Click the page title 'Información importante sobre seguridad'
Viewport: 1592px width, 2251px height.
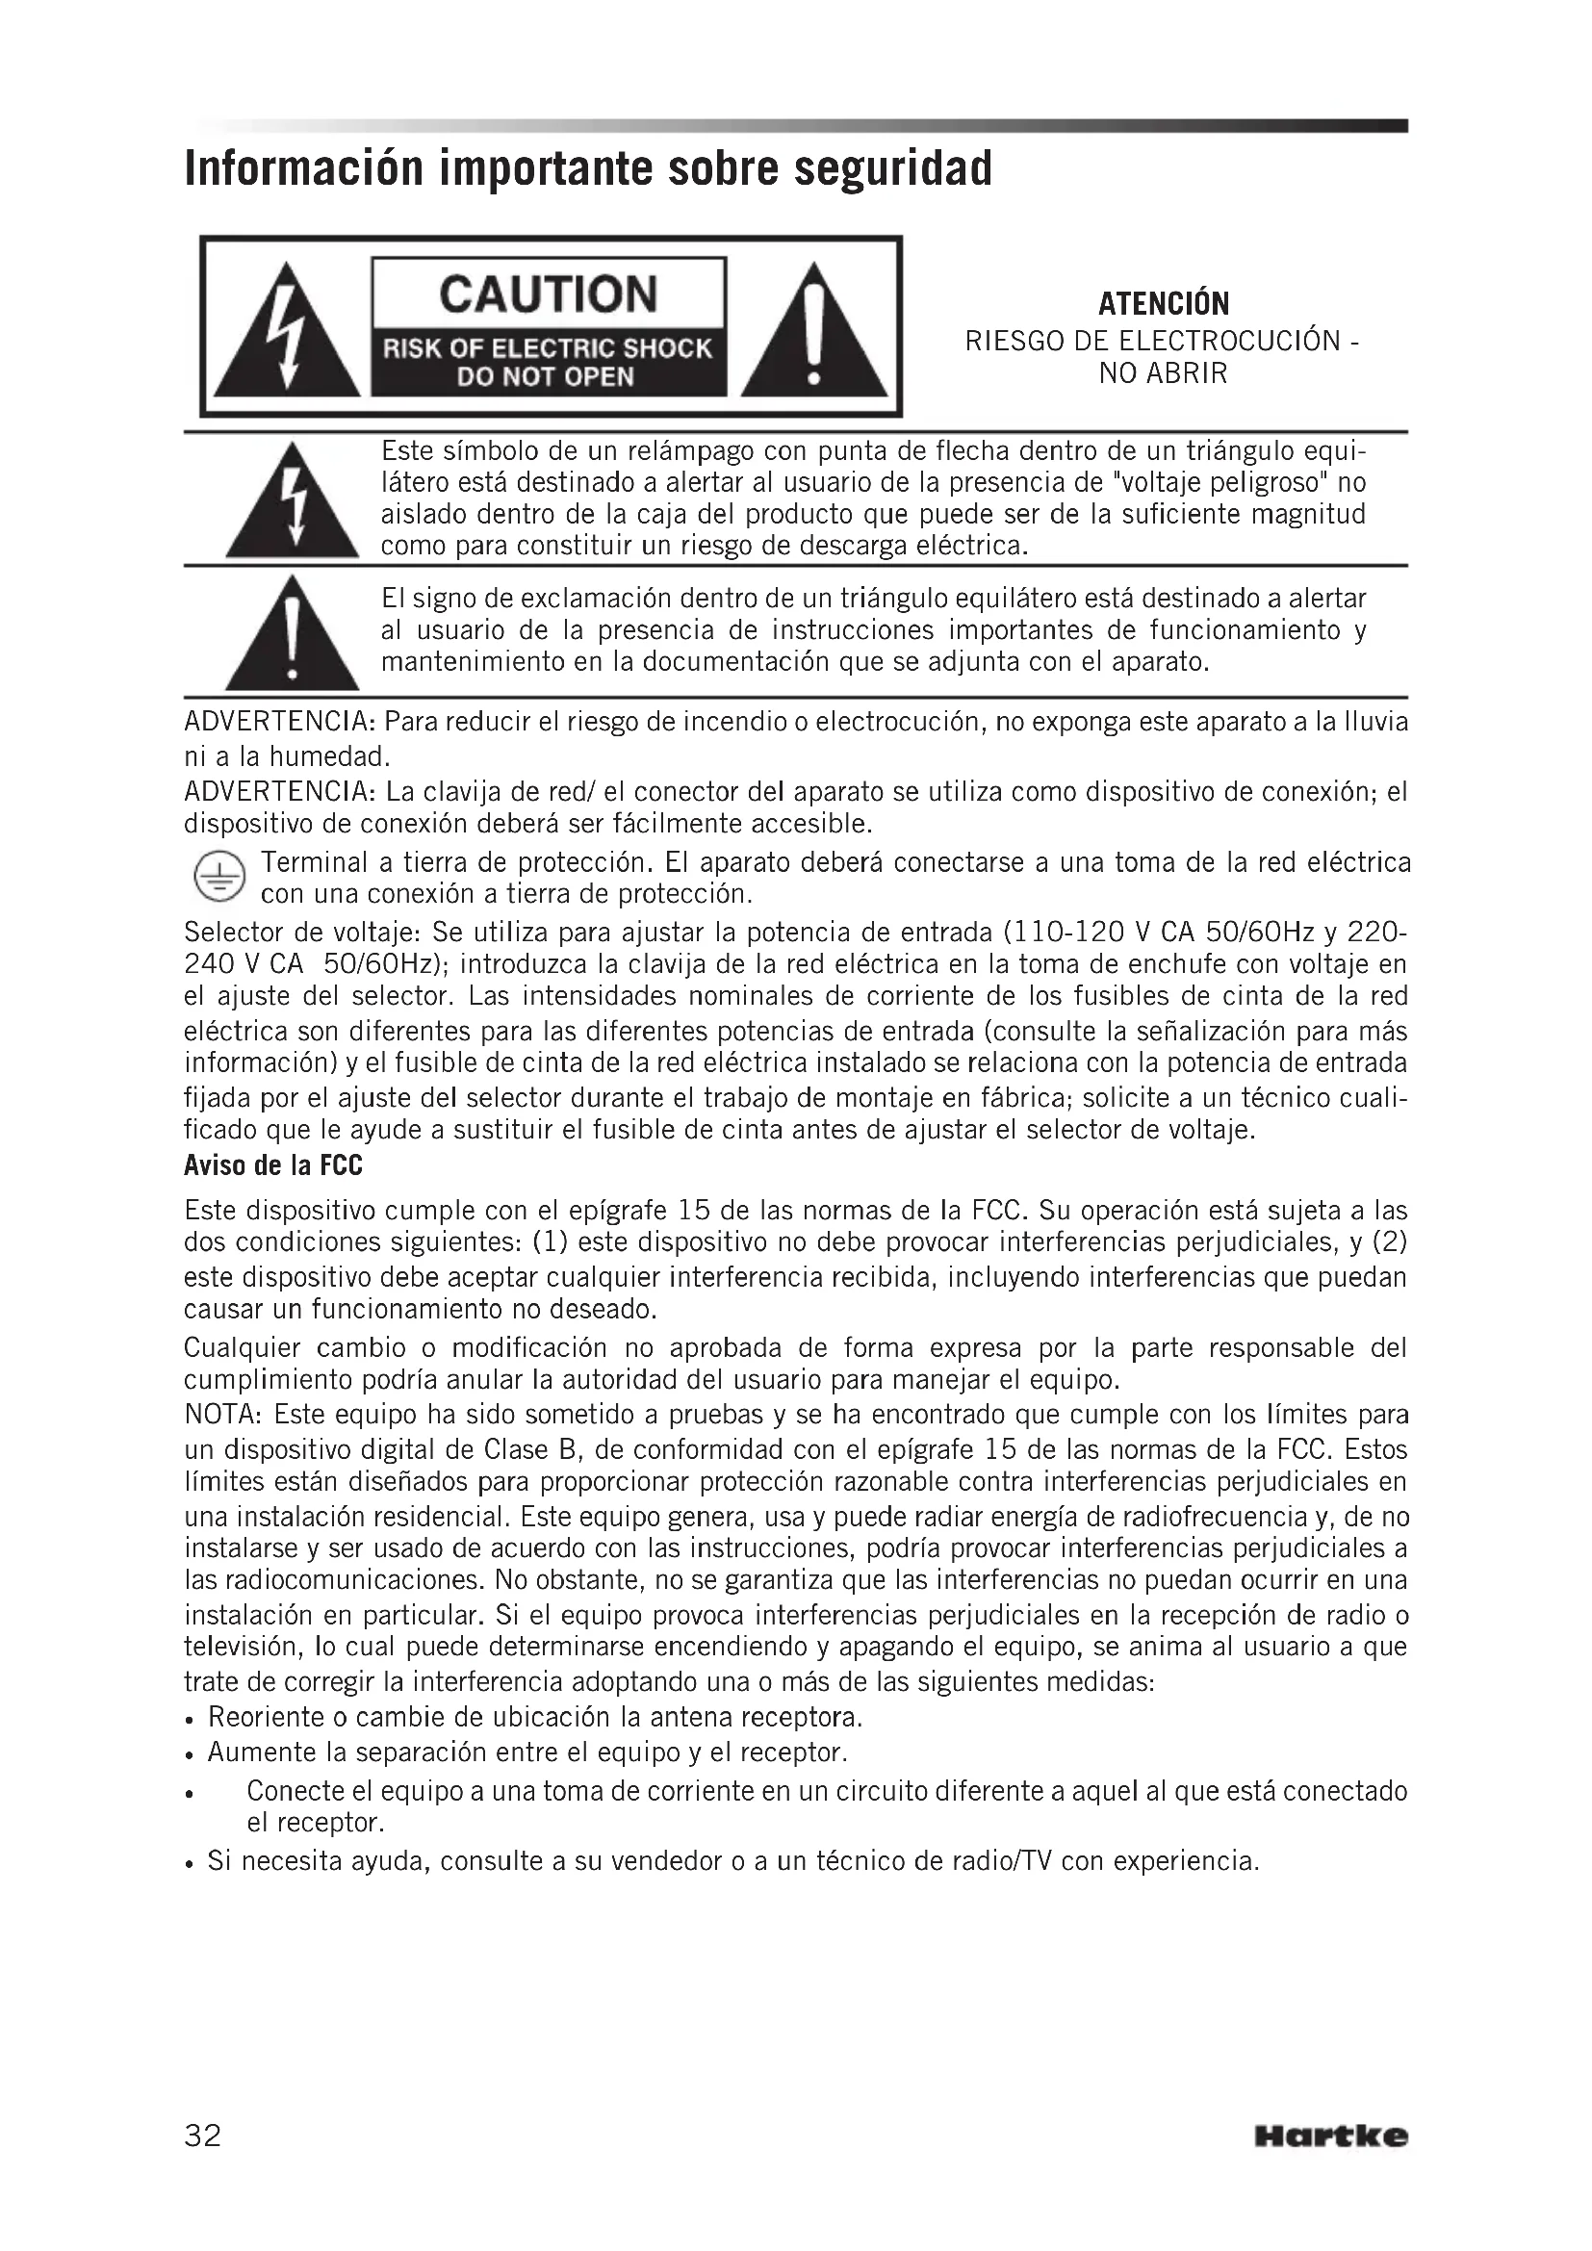pos(588,168)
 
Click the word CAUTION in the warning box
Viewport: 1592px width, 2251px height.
pos(548,294)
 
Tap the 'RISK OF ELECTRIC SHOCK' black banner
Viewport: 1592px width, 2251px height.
pos(548,349)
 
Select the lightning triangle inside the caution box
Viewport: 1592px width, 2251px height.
pos(286,330)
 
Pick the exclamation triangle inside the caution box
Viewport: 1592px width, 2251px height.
pos(812,330)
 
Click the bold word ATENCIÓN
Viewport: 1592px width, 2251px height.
pos(1163,304)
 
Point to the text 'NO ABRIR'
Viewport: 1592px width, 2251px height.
pos(1163,373)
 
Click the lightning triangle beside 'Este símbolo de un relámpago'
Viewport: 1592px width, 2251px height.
pos(293,502)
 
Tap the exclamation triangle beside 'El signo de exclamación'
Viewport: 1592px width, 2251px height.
pos(293,635)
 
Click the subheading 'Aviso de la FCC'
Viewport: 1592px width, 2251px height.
pos(272,1165)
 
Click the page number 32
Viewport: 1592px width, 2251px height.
pos(203,2135)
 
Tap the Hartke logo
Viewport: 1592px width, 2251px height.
pos(1330,2136)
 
